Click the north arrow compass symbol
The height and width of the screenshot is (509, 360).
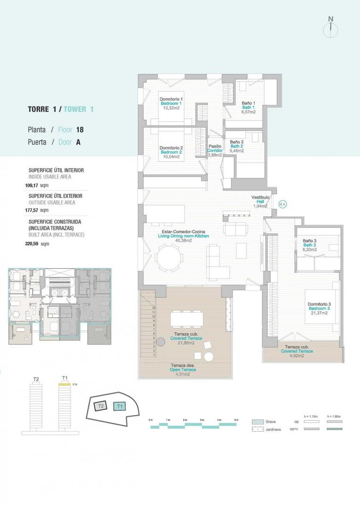(331, 28)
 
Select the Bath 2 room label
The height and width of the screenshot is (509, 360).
(237, 146)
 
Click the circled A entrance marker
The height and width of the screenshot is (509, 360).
(283, 204)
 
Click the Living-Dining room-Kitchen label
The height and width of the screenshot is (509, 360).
(185, 236)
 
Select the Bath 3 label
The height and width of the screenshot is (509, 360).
(310, 245)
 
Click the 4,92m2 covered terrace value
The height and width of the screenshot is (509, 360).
(296, 356)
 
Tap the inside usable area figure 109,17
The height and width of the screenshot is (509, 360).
(32, 186)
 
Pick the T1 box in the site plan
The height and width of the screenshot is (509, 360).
(120, 406)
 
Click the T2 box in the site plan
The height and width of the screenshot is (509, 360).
(100, 405)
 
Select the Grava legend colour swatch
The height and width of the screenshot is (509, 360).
(258, 422)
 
